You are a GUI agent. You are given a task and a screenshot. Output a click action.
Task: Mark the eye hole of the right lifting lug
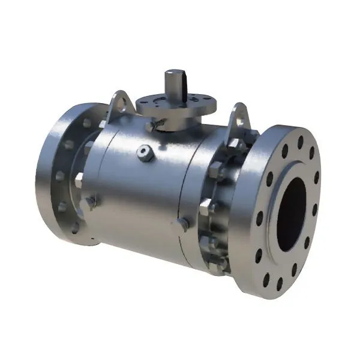(x=241, y=120)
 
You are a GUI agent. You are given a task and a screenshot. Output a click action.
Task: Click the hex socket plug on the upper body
(x=145, y=154)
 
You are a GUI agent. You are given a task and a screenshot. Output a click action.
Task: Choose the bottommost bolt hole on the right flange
(x=280, y=281)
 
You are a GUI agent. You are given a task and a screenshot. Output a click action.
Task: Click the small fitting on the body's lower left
(x=92, y=201)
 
